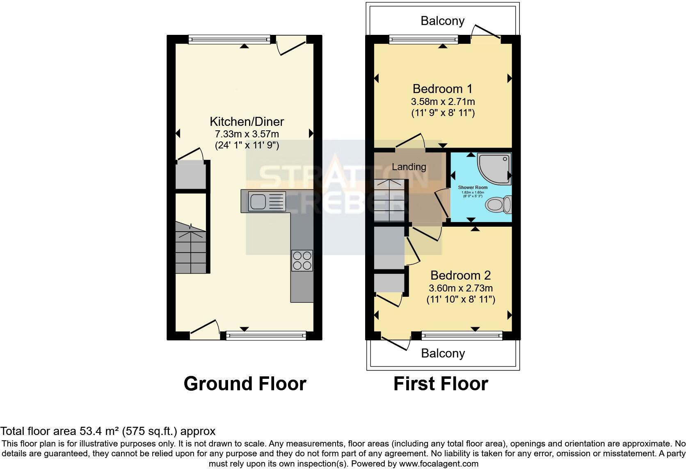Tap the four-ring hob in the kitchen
[302, 260]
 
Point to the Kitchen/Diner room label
[247, 122]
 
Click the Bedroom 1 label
[442, 89]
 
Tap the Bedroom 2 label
[460, 275]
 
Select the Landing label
[409, 167]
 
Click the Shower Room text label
[473, 187]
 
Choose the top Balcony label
[442, 21]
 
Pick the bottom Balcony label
[443, 353]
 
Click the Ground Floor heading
[245, 384]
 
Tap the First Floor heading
[441, 384]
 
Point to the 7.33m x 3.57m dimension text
[247, 134]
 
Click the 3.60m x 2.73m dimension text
[460, 288]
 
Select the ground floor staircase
[191, 248]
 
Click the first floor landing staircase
[389, 201]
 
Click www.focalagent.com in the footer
[439, 464]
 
